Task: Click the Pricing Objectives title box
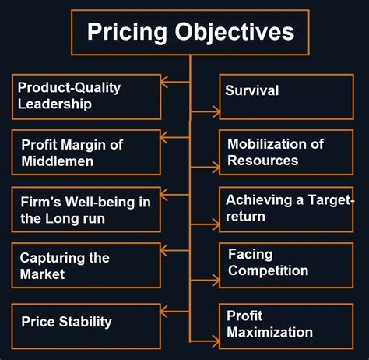click(190, 32)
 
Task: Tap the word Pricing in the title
click(119, 32)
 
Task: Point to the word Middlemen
click(58, 161)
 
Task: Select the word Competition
click(268, 271)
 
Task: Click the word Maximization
click(269, 333)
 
